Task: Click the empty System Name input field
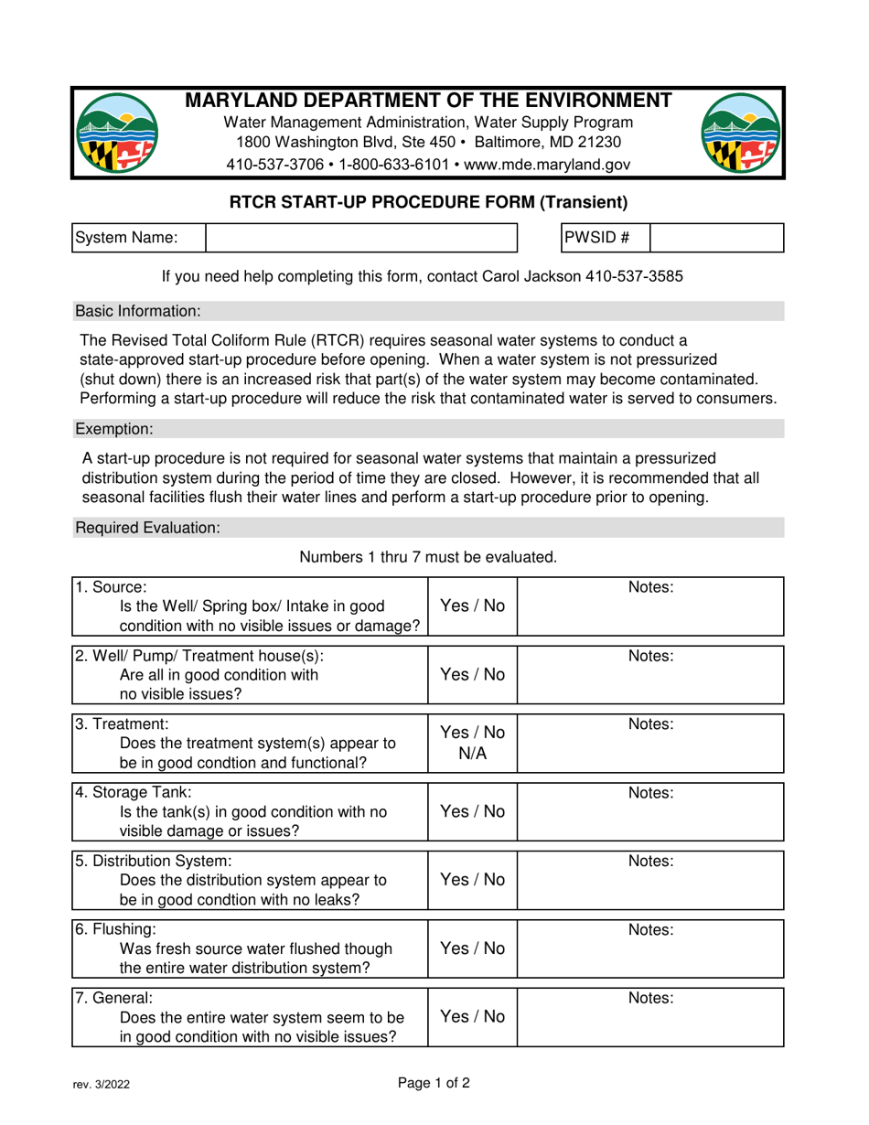pyautogui.click(x=361, y=237)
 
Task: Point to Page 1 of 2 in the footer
pyautogui.click(x=434, y=1085)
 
